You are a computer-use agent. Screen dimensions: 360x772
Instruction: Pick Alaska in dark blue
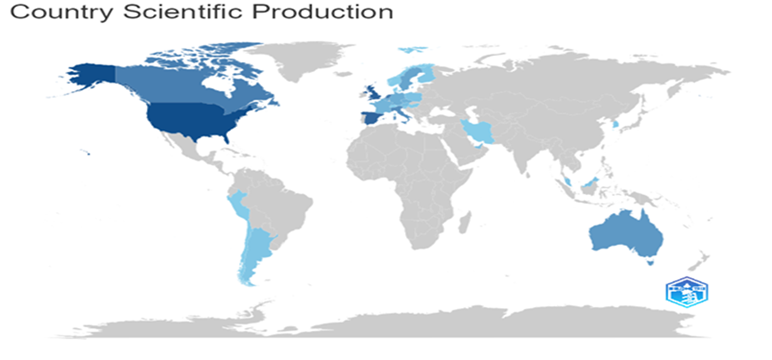click(x=90, y=72)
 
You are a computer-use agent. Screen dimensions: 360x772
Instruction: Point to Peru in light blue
click(x=238, y=203)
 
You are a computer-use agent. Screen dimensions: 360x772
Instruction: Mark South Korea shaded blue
click(x=614, y=124)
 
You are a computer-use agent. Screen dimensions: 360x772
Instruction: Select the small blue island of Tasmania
click(x=651, y=265)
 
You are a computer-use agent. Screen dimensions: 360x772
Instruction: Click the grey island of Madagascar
click(x=466, y=229)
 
